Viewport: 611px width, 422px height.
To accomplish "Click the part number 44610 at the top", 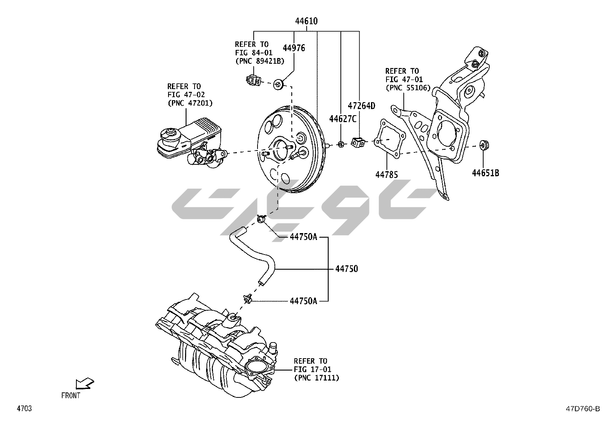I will (306, 22).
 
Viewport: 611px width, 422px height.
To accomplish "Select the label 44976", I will (294, 48).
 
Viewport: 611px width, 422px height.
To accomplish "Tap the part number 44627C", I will (342, 119).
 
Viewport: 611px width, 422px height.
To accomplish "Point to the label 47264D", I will (361, 106).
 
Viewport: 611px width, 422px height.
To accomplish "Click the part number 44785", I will (386, 175).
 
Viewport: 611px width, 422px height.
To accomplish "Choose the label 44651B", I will (485, 173).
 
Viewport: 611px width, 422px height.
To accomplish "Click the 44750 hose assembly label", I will (346, 269).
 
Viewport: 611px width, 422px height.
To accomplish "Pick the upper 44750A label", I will (303, 237).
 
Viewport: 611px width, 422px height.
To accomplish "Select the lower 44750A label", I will (303, 301).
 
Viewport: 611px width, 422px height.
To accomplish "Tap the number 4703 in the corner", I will (24, 409).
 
